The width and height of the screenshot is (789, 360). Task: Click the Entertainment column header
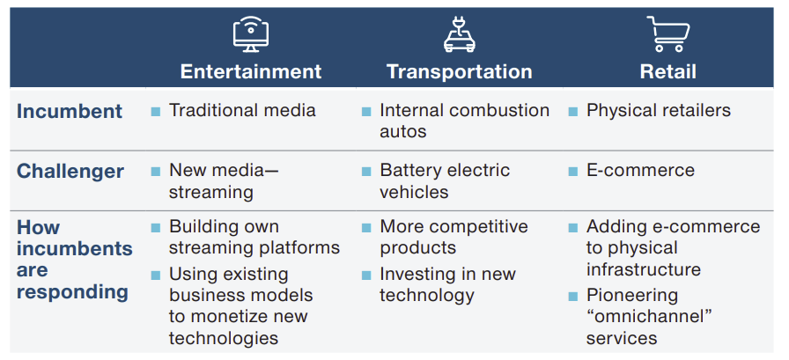point(251,71)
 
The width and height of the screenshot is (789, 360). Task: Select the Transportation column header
point(459,71)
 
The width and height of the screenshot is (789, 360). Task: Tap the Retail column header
point(668,71)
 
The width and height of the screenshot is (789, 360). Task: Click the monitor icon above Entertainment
point(251,34)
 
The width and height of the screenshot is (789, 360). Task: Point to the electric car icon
point(459,34)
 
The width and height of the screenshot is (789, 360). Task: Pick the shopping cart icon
point(668,33)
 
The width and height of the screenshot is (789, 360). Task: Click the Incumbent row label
point(70,111)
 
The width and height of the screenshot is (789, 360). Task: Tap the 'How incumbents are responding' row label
point(73,260)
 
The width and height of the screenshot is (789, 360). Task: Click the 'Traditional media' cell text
point(242,111)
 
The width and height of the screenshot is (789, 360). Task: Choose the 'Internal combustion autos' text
point(464,121)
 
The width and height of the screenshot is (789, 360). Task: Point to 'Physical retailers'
point(659,111)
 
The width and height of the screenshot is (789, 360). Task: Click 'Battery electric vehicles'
point(445,181)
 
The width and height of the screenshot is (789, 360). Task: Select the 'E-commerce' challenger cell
point(640,171)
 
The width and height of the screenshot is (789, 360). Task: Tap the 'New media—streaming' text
point(224,181)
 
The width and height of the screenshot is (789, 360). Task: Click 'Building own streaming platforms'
point(254,237)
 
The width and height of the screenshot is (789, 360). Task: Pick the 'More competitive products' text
point(453,237)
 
